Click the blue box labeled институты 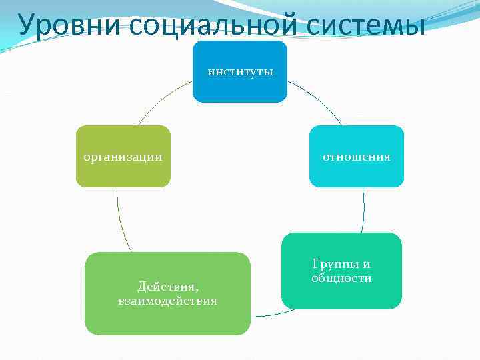[x=240, y=87]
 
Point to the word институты [x=240, y=71]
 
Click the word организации [x=123, y=157]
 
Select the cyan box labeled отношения [x=357, y=173]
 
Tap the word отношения [x=357, y=157]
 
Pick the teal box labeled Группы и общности [x=341, y=293]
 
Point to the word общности [x=341, y=278]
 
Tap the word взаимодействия [x=167, y=301]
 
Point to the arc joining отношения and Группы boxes [x=364, y=210]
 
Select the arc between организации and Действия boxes [x=120, y=220]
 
